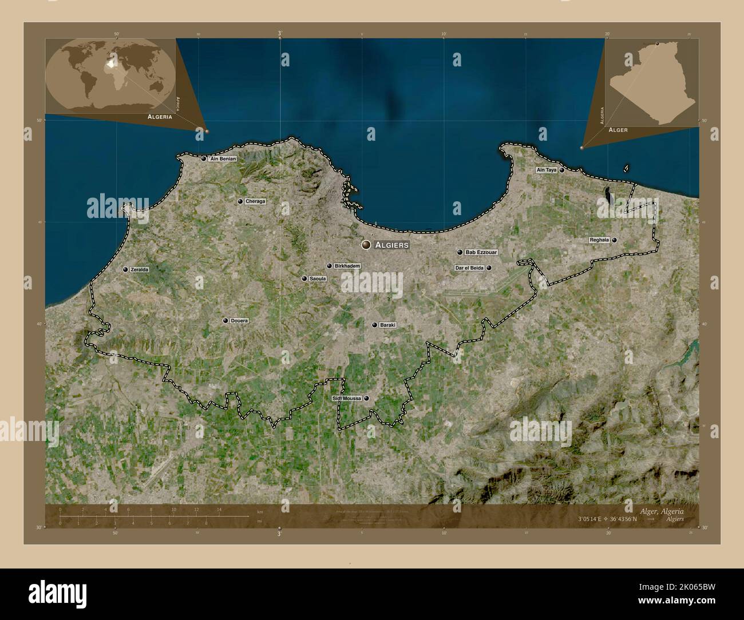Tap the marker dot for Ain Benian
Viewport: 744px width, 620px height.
[203, 159]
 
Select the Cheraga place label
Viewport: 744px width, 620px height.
[255, 201]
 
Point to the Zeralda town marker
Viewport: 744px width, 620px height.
[125, 269]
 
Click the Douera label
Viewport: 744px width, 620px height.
[239, 321]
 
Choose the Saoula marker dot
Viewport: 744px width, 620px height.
[304, 279]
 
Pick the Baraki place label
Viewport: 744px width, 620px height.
[388, 325]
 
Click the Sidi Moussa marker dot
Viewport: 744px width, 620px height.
[366, 399]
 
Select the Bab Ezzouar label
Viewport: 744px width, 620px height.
[481, 252]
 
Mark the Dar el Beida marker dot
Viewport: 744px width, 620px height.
[489, 268]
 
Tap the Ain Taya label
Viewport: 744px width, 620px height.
[546, 170]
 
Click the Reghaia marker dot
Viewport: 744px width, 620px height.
[614, 241]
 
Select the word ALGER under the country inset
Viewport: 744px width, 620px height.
[618, 130]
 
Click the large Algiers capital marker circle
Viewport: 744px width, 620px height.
[366, 245]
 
